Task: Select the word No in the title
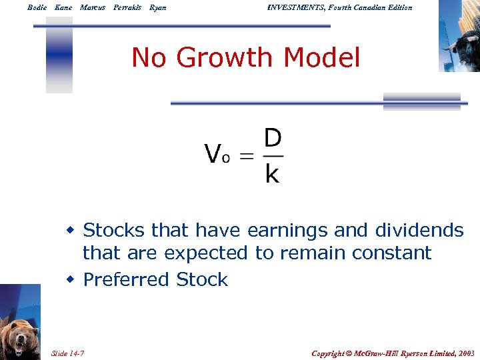coord(149,58)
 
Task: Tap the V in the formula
coord(213,155)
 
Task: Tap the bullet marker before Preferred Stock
coord(70,279)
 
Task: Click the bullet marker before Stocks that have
coord(70,231)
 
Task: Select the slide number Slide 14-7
coord(71,353)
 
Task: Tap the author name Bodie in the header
coord(37,7)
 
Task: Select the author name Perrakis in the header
coord(127,7)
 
